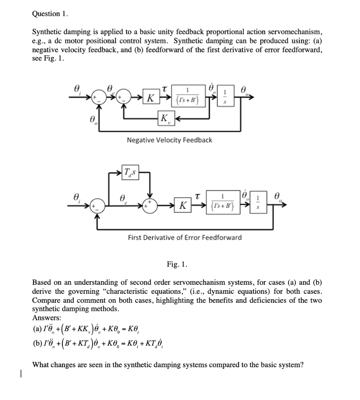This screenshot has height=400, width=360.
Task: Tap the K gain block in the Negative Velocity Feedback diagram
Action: [150, 98]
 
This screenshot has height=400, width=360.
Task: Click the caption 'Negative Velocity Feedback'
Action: [169, 140]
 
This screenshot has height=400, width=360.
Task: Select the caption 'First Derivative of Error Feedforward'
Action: [185, 237]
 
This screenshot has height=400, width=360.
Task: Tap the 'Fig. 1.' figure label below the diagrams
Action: [177, 265]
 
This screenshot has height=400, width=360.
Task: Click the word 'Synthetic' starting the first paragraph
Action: [46, 31]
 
